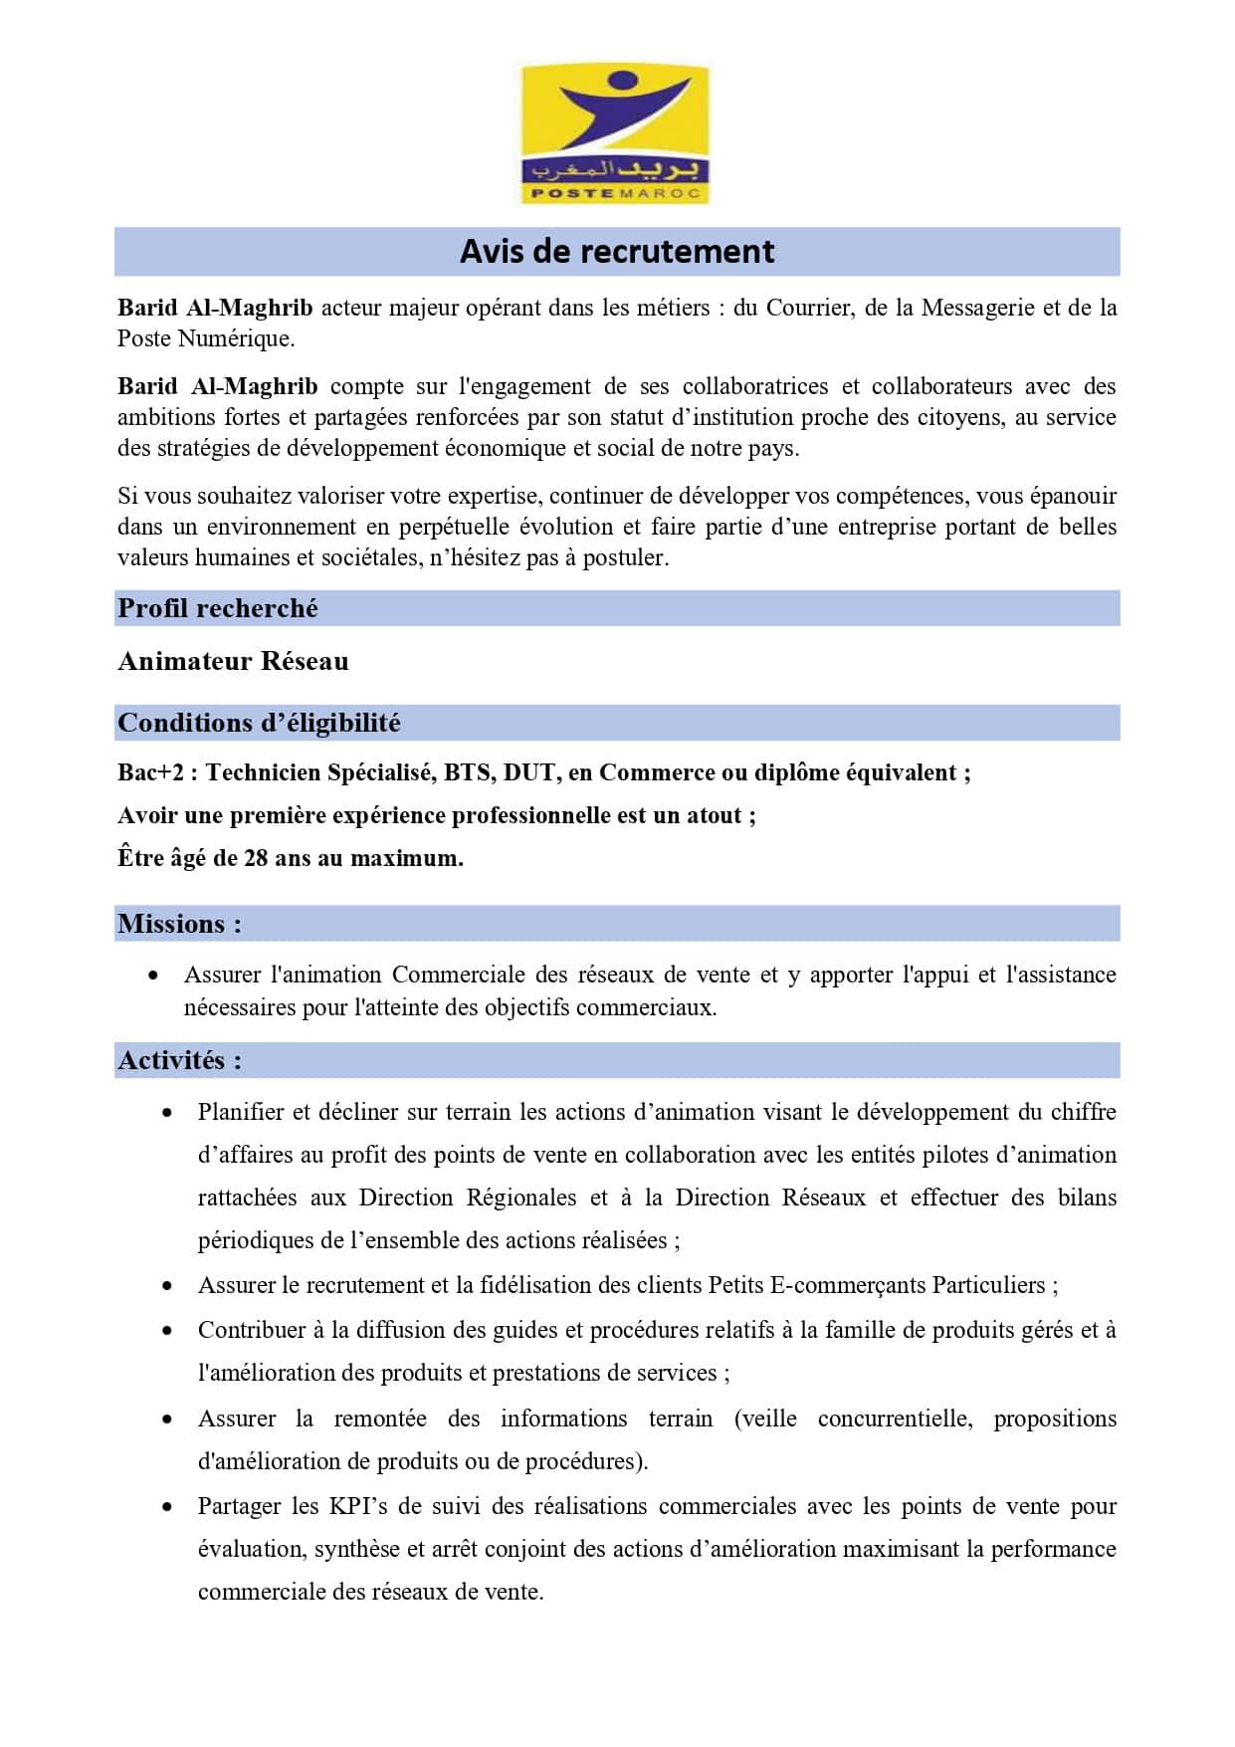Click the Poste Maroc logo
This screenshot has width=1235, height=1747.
click(616, 133)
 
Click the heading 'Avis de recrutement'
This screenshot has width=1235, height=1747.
click(617, 252)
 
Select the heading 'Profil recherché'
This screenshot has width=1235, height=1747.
click(218, 608)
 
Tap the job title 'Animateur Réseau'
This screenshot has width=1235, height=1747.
click(233, 662)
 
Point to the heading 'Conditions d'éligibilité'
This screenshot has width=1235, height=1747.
click(259, 723)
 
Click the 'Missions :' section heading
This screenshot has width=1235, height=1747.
click(179, 924)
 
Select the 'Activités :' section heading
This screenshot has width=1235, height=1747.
click(179, 1060)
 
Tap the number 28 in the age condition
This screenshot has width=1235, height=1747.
click(256, 858)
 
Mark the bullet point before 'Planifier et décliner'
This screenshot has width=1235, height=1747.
click(167, 1113)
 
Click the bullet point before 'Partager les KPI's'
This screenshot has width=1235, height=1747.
click(167, 1507)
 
